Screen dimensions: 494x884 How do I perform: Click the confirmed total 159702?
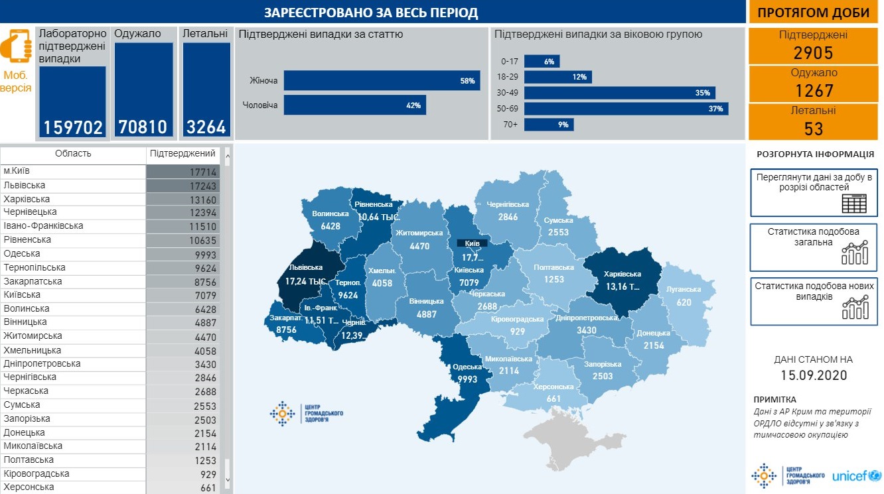[72, 127]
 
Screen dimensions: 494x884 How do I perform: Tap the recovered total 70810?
[143, 127]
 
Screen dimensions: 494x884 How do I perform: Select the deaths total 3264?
[206, 127]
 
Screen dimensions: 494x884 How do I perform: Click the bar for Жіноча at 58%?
[382, 81]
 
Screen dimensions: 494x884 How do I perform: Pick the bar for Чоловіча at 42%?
[354, 105]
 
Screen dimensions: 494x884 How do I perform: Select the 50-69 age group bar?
[626, 109]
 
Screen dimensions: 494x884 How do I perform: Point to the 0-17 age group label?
[509, 61]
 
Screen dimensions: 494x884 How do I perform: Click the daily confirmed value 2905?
[813, 53]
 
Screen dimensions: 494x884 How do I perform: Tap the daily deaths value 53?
[813, 128]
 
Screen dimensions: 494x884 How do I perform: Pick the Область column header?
[73, 154]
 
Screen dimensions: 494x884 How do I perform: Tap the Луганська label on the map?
[685, 290]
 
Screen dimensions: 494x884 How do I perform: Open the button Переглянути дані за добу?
[813, 192]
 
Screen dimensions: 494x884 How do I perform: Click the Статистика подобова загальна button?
[813, 247]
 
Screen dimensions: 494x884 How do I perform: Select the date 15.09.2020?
[813, 375]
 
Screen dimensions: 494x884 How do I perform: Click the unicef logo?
[855, 476]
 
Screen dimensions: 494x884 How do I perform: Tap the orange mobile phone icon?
[17, 46]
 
